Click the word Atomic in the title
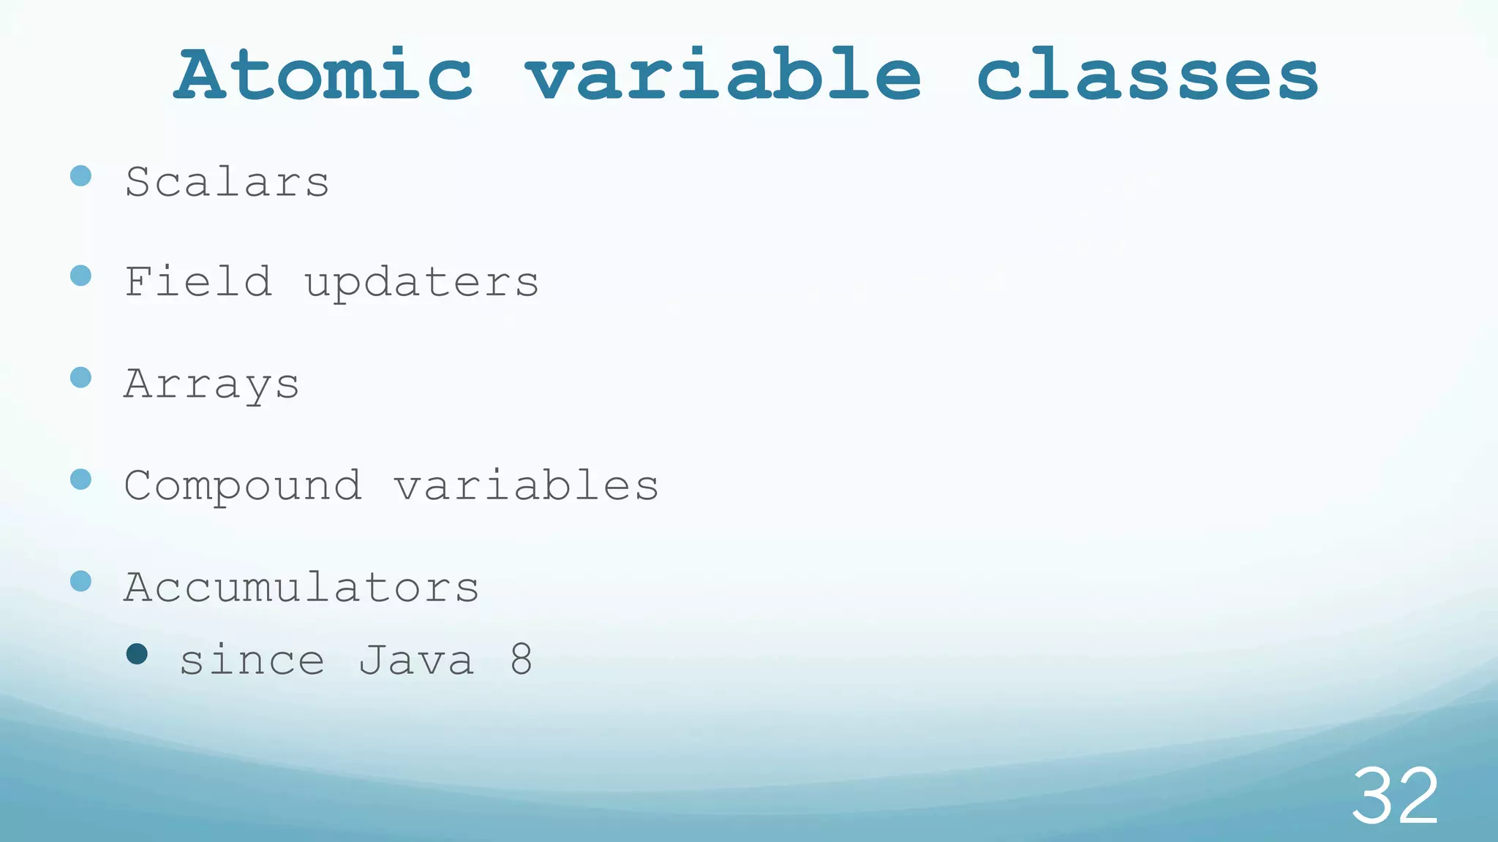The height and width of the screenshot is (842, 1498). [323, 75]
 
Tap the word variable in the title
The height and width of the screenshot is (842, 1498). [723, 75]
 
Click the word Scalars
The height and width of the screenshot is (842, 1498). [227, 182]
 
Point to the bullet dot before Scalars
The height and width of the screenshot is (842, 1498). [81, 175]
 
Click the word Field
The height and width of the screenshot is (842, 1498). [198, 282]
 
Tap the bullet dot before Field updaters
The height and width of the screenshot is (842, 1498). [81, 276]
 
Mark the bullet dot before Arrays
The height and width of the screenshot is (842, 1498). [81, 378]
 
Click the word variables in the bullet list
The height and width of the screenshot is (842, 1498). [527, 485]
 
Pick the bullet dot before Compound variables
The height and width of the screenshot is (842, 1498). [81, 479]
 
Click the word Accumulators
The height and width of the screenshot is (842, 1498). [301, 588]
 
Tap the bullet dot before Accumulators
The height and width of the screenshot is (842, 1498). [81, 581]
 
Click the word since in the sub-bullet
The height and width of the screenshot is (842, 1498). [252, 661]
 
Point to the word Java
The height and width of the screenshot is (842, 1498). [417, 661]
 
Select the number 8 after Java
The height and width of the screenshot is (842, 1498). [522, 660]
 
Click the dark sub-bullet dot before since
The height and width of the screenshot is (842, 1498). [137, 653]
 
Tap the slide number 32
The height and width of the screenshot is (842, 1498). [1395, 796]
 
